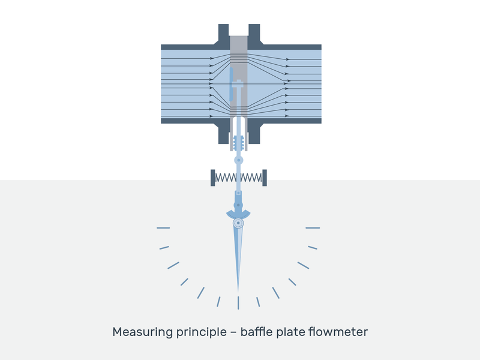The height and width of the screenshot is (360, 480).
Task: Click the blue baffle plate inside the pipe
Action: coord(231,84)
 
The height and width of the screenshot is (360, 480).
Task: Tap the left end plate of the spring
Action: coord(213,178)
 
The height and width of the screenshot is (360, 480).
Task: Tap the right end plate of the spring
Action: coord(265,178)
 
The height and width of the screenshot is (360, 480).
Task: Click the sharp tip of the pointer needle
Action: coord(238,292)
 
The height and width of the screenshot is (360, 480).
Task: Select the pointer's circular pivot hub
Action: coord(238,223)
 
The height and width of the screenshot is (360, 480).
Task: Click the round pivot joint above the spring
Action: coord(238,160)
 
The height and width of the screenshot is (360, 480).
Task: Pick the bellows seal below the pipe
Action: coord(238,143)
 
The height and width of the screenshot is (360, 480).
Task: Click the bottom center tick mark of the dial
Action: coord(238,302)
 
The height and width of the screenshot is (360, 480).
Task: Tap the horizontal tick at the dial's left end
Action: coord(163,228)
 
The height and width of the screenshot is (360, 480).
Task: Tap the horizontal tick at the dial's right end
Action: coord(313,228)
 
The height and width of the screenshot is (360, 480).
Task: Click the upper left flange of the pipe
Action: coord(223,34)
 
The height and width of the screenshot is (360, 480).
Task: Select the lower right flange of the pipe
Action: coord(254,133)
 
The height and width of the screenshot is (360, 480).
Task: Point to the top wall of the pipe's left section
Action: coord(187,47)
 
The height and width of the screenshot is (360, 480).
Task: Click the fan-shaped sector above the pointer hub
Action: coord(238,214)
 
